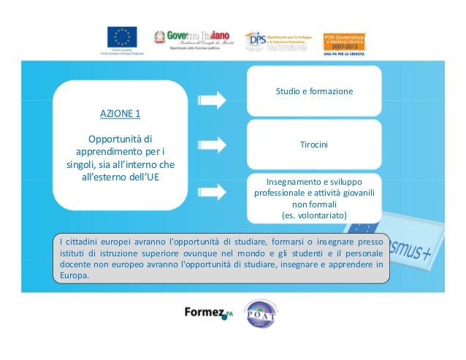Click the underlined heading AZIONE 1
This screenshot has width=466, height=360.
(x=121, y=113)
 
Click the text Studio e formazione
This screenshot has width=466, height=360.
(x=314, y=92)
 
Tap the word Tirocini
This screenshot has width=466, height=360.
(x=314, y=145)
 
